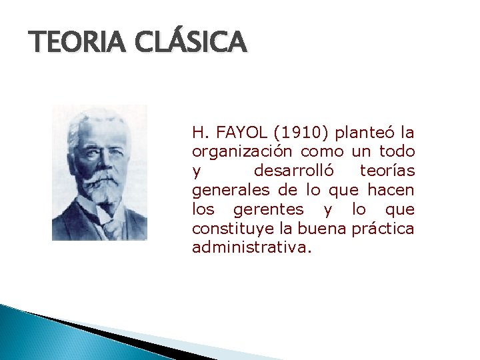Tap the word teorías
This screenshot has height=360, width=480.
tap(387, 171)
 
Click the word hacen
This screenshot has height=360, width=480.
tap(391, 190)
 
